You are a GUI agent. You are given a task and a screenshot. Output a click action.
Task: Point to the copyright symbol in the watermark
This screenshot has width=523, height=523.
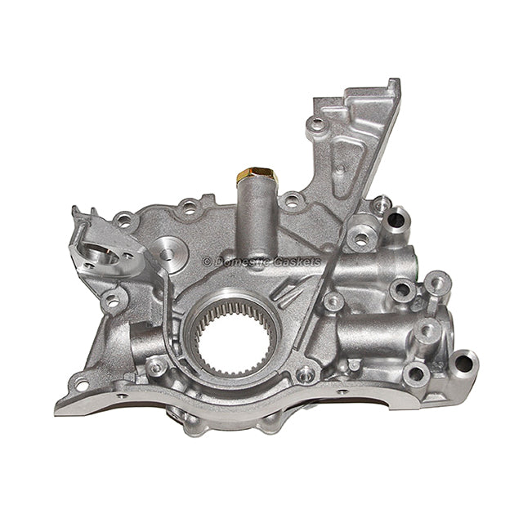[x=207, y=261]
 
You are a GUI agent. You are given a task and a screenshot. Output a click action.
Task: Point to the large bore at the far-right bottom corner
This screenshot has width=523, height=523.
[x=463, y=360]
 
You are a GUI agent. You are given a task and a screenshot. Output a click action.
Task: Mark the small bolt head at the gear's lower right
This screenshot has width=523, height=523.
[x=305, y=375]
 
